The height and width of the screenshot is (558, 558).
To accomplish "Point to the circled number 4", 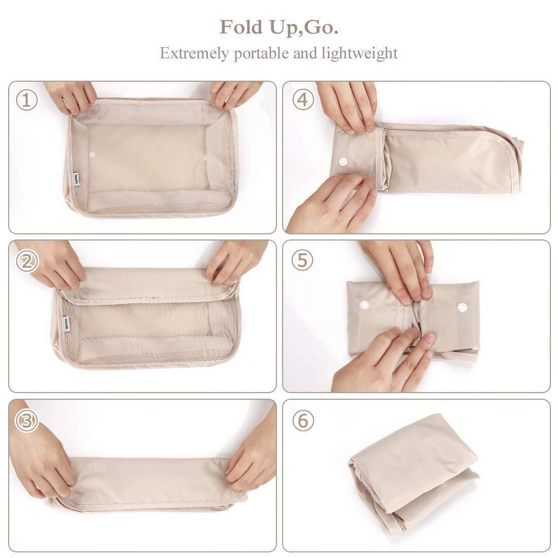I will (302, 100).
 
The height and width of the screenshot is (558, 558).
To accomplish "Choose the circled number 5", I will (302, 261).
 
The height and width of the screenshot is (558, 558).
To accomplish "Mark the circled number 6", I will (303, 421).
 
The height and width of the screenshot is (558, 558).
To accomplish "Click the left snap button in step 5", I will (364, 304).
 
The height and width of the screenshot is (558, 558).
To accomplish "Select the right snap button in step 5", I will (462, 307).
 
